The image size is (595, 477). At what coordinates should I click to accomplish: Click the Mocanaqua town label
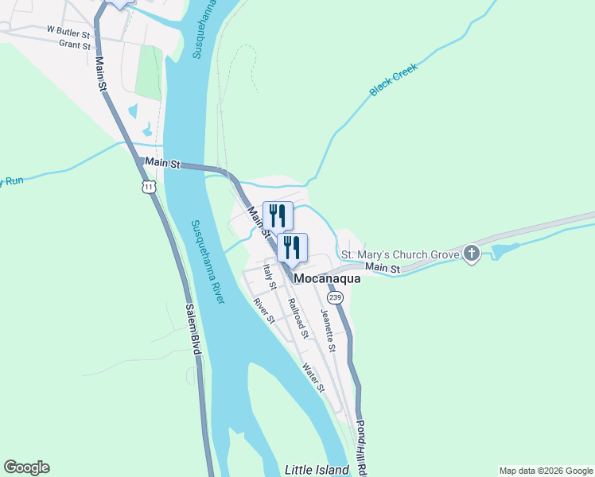(328, 279)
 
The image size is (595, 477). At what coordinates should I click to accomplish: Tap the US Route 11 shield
(148, 186)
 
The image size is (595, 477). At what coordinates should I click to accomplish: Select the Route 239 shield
(335, 297)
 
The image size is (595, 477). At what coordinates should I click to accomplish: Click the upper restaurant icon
(278, 215)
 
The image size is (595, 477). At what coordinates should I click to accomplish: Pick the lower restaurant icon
(292, 248)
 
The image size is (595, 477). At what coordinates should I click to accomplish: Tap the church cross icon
(472, 254)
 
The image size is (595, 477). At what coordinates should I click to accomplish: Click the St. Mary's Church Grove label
(400, 255)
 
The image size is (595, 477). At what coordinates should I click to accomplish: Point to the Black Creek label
(393, 79)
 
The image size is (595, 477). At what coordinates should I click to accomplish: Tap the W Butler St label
(72, 29)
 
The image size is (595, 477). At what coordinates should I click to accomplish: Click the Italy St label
(270, 275)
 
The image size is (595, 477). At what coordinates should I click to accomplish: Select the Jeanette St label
(329, 330)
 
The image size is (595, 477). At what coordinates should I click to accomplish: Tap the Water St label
(313, 378)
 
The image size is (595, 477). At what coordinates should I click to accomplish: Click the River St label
(263, 310)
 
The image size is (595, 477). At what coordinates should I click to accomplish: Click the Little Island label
(317, 470)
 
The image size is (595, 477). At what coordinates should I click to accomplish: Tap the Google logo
(26, 467)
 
